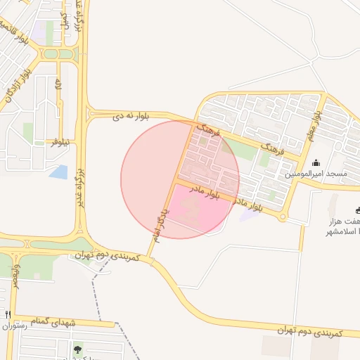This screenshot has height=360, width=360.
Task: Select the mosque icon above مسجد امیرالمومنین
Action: pyautogui.click(x=315, y=162)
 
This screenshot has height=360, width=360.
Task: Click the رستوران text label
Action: pyautogui.click(x=13, y=326)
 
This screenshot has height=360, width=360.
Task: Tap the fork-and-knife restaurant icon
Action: pyautogui.click(x=8, y=314)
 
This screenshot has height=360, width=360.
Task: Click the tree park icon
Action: pyautogui.click(x=77, y=349)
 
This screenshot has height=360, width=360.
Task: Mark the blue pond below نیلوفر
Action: pyautogui.click(x=59, y=172)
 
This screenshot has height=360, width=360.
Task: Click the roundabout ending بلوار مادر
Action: pyautogui.click(x=283, y=217)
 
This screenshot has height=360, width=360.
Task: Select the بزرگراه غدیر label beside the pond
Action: pyautogui.click(x=80, y=186)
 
